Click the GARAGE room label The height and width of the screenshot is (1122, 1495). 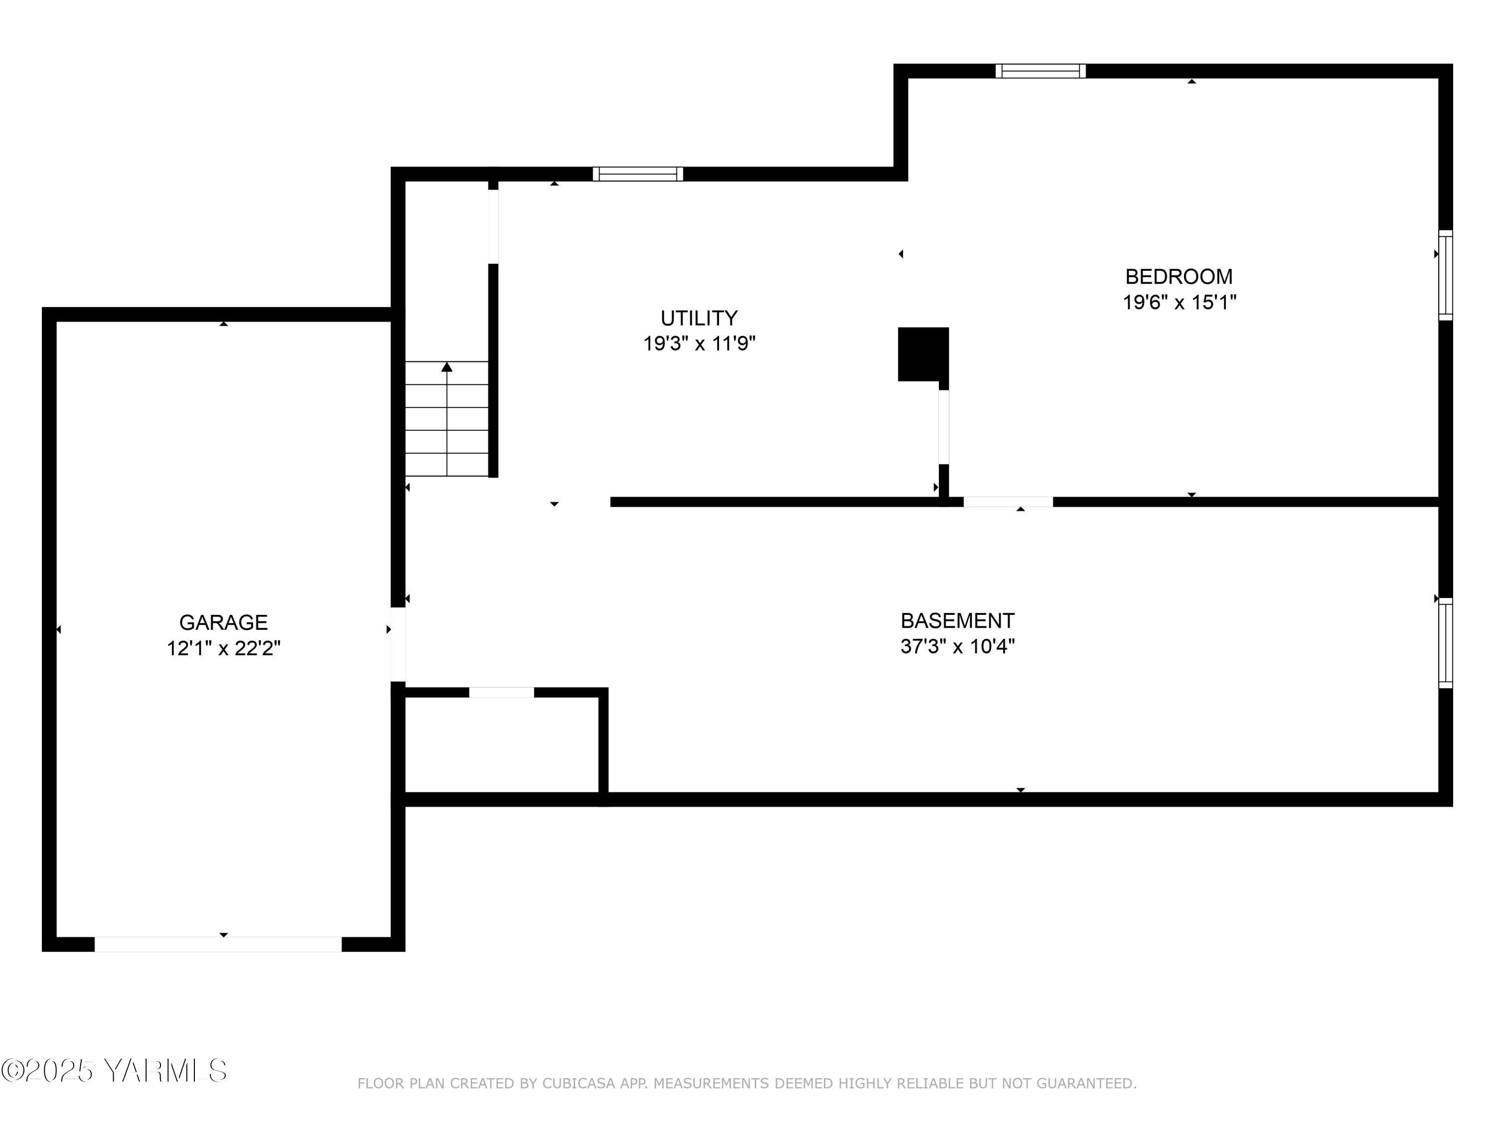pyautogui.click(x=223, y=622)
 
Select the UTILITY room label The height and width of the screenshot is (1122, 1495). pyautogui.click(x=699, y=318)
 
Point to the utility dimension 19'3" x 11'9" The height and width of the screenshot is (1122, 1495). pyautogui.click(x=699, y=344)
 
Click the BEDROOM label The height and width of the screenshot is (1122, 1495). pyautogui.click(x=1179, y=277)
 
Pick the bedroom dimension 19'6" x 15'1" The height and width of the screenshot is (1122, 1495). pyautogui.click(x=1179, y=302)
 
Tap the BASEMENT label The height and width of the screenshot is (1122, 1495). pyautogui.click(x=957, y=620)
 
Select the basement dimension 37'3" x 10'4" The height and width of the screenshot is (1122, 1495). pyautogui.click(x=957, y=647)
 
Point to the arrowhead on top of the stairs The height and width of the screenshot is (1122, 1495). pyautogui.click(x=447, y=367)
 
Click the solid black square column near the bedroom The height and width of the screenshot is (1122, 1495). pyautogui.click(x=922, y=354)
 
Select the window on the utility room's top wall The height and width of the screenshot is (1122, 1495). pyautogui.click(x=638, y=174)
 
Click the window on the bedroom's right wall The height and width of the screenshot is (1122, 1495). pyautogui.click(x=1445, y=275)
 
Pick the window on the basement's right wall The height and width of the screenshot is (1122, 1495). pyautogui.click(x=1445, y=642)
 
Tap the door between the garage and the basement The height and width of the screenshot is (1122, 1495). pyautogui.click(x=398, y=644)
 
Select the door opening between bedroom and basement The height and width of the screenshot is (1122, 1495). pyautogui.click(x=1008, y=502)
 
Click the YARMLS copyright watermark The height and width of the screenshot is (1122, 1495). pyautogui.click(x=114, y=1071)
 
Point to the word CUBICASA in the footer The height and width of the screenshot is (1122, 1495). pyautogui.click(x=579, y=1084)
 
